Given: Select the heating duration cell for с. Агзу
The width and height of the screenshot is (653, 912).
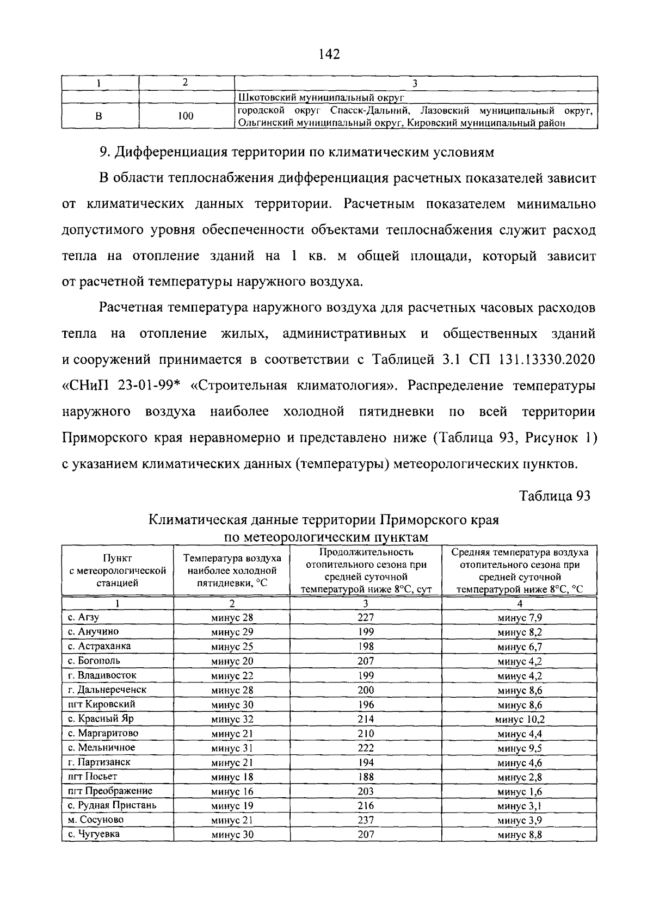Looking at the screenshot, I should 365,617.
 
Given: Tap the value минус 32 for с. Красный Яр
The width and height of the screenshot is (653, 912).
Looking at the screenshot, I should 232,719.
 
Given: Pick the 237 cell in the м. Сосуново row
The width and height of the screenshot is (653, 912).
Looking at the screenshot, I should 365,820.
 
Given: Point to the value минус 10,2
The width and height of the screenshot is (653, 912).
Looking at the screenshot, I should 519,719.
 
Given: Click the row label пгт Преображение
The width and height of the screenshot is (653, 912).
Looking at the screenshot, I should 110,791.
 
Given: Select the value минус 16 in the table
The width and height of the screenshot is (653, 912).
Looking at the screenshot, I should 232,791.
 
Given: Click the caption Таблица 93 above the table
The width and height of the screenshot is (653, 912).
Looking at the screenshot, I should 555,495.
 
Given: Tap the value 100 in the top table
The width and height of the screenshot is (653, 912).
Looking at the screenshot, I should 186,116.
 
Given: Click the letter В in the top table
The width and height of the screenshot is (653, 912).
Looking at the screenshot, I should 100,116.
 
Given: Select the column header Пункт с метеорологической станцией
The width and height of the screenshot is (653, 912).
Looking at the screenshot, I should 118,570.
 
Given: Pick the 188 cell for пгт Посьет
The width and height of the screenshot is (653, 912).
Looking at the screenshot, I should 365,777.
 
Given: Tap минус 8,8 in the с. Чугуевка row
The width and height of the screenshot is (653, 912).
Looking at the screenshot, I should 519,834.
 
